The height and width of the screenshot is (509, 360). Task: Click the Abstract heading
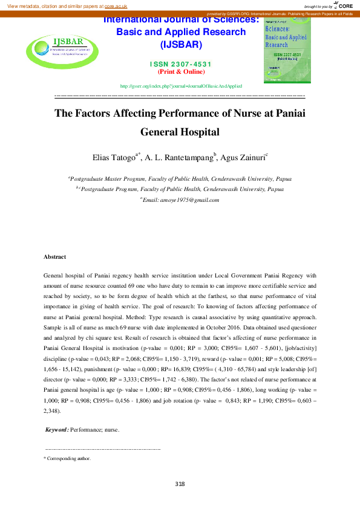click(55, 257)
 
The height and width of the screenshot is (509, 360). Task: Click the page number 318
click(180, 484)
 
